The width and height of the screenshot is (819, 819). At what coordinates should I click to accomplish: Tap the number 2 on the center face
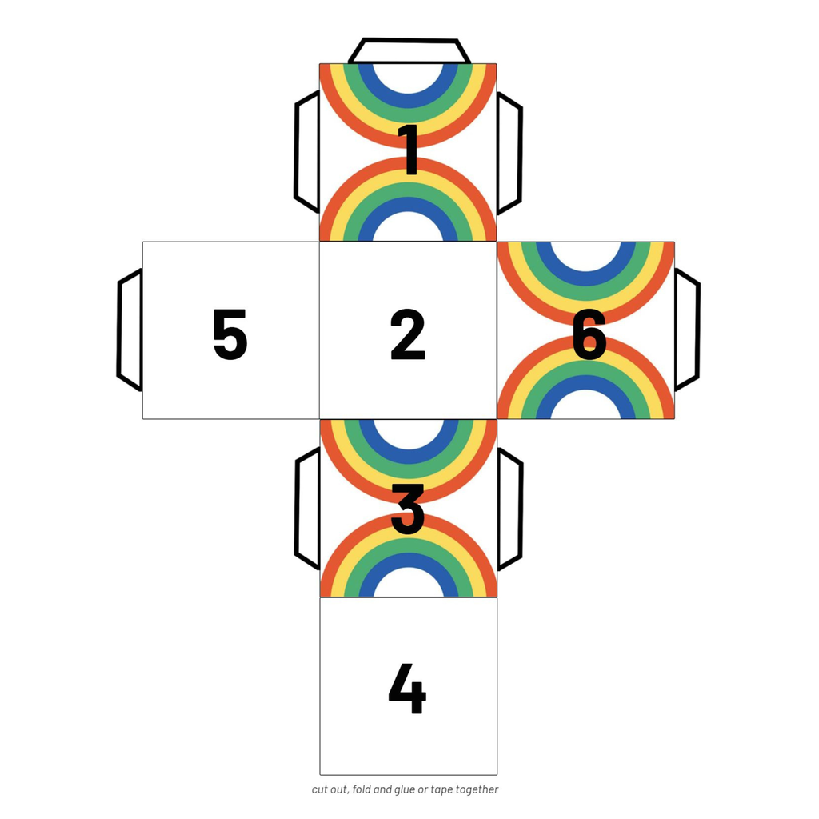pos(408,335)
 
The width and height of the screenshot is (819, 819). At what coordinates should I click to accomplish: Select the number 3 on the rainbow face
pos(407,509)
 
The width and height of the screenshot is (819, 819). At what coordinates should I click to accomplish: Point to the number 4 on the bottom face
pos(407,689)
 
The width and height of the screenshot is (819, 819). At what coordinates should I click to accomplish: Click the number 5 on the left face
pos(230,335)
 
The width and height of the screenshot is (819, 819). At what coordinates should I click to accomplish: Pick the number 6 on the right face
pos(589,335)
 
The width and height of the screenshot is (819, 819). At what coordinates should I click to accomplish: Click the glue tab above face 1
pos(409,50)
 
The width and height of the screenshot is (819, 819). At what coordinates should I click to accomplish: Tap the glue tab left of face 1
pos(307,152)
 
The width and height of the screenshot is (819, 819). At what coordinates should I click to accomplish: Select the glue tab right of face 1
pos(509,153)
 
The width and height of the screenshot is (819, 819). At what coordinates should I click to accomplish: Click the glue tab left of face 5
pos(130,330)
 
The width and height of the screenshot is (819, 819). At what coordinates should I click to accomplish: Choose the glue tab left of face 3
pos(308,509)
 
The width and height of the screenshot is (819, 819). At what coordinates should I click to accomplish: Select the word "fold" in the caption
pos(362,789)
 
